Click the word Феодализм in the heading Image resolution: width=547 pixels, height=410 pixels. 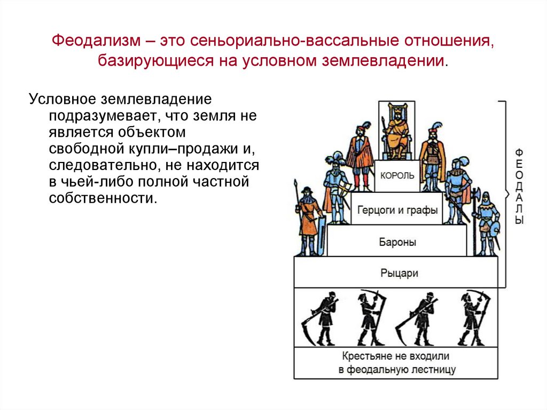click(x=96, y=41)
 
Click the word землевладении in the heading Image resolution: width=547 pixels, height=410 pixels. click(x=383, y=60)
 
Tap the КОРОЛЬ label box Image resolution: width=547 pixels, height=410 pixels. click(x=397, y=175)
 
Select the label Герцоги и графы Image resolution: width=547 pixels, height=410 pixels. click(x=397, y=210)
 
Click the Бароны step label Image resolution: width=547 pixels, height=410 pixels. click(x=397, y=242)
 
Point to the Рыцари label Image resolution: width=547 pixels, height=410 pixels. click(x=399, y=273)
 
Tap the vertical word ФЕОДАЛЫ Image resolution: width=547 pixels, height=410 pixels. click(x=519, y=187)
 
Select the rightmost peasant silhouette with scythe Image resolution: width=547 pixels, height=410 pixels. click(x=474, y=318)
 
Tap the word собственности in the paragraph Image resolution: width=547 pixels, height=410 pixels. click(x=103, y=198)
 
